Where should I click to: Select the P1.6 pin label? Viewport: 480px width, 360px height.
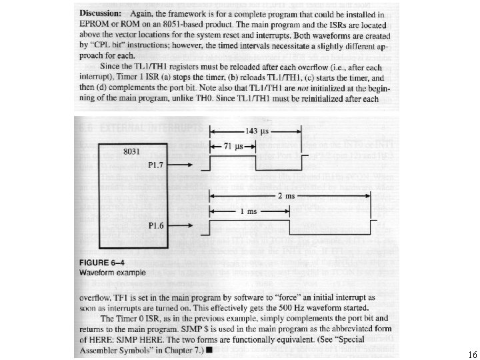pyautogui.click(x=157, y=226)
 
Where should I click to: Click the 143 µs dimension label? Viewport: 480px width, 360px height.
pyautogui.click(x=256, y=131)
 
